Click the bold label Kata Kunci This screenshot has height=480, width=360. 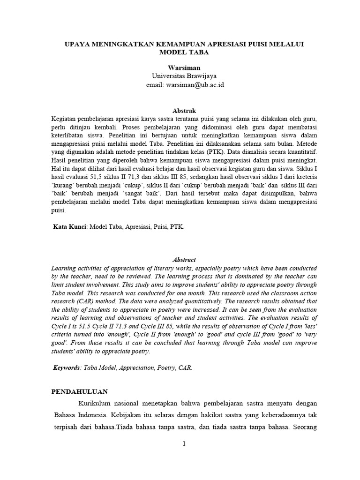(70, 226)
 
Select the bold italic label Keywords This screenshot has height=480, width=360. (67, 368)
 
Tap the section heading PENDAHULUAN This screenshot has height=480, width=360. (80, 391)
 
